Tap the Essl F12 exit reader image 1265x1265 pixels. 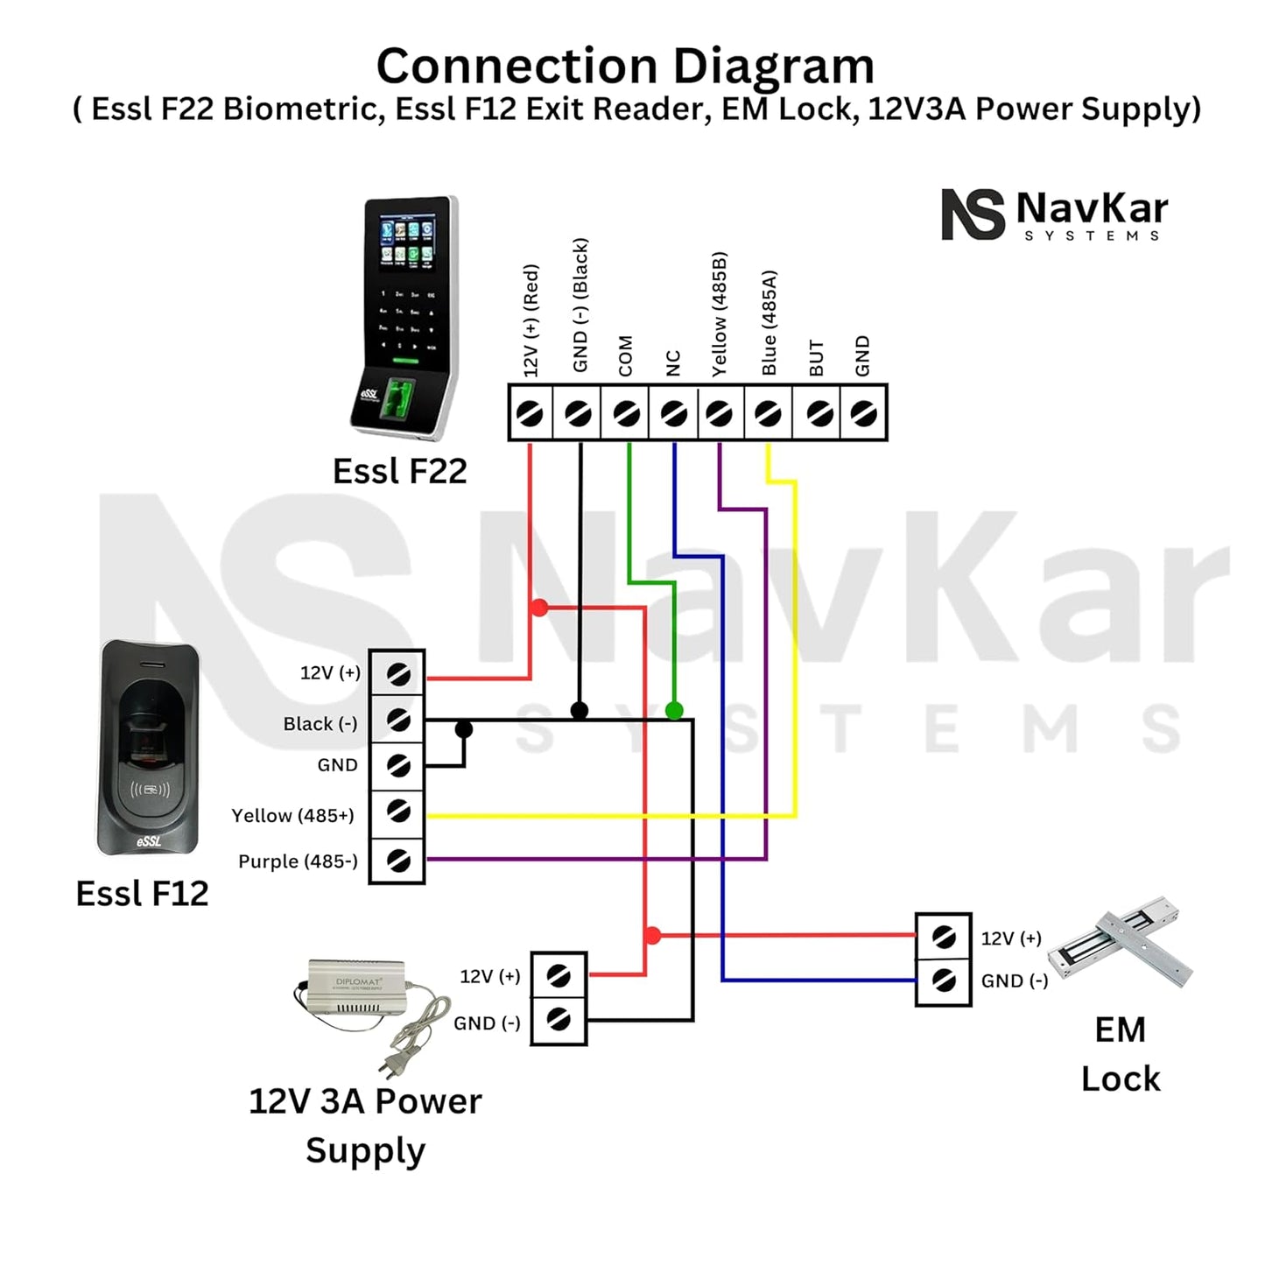(148, 748)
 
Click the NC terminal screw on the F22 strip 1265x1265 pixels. (673, 412)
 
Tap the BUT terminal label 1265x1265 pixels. (816, 358)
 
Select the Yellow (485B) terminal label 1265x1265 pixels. (719, 314)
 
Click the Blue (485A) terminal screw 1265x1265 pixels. (768, 412)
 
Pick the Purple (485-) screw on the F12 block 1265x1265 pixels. (398, 861)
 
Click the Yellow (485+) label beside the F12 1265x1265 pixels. (292, 816)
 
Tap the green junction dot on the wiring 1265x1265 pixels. (674, 710)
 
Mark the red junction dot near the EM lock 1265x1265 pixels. (652, 936)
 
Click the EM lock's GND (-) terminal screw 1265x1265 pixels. (944, 980)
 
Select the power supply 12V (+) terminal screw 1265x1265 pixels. (559, 975)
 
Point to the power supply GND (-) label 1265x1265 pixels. (487, 1023)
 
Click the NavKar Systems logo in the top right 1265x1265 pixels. (1054, 214)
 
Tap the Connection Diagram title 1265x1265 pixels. (625, 67)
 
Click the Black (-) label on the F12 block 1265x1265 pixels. (320, 724)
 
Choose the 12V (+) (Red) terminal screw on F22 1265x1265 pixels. (530, 412)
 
